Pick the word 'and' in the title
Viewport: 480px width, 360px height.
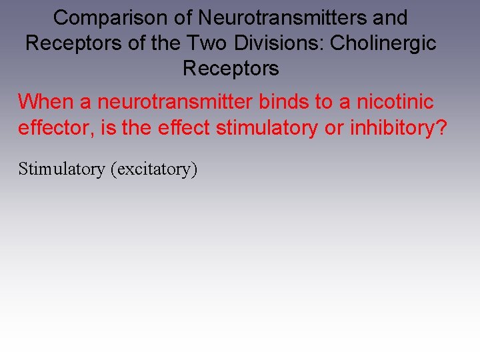point(391,18)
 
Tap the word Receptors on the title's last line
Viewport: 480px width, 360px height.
point(231,68)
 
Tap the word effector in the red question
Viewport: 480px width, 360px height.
point(55,127)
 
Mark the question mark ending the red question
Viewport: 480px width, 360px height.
point(441,127)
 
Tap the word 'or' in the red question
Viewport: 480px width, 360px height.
point(333,127)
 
